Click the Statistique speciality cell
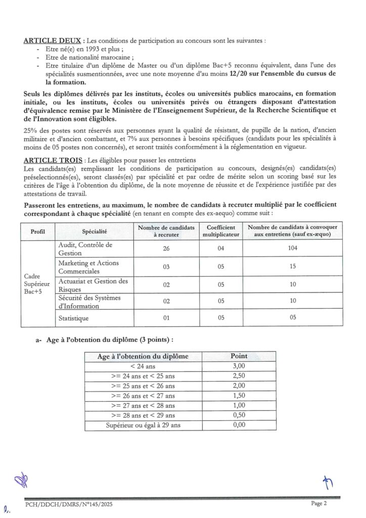coord(73,318)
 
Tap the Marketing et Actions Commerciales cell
coord(84,267)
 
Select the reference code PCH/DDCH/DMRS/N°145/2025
coord(65,504)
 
